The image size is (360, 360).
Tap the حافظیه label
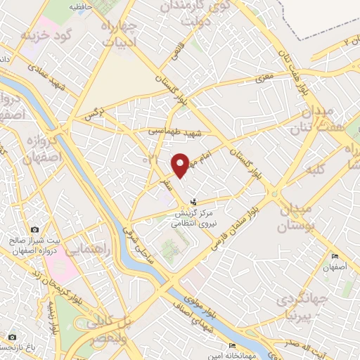point(82,6)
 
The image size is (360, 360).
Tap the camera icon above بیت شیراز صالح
point(34,230)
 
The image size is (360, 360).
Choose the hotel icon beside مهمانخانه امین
point(232,346)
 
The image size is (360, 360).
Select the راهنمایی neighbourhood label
point(86,248)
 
